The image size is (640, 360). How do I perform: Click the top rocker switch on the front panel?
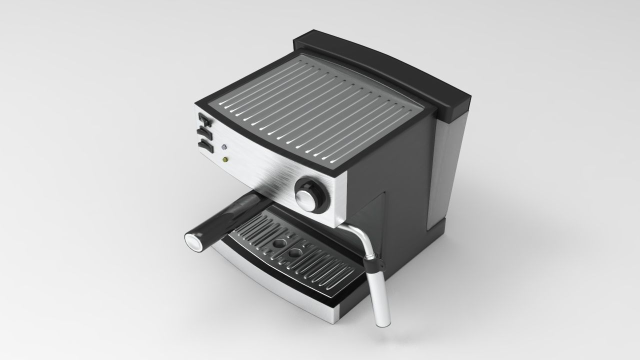tap(204, 120)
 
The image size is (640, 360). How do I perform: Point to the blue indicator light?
tap(224, 148)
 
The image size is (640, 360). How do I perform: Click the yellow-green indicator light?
tap(225, 160)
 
